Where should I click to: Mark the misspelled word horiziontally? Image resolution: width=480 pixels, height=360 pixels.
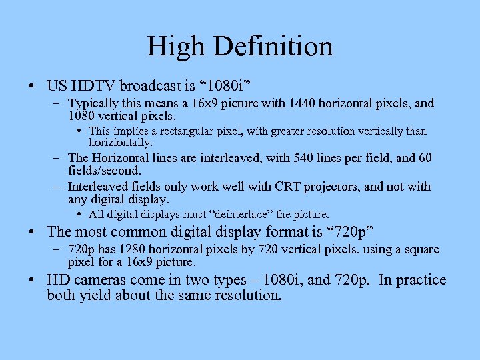[x=121, y=142]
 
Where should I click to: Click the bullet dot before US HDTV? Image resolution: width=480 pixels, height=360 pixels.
[x=32, y=87]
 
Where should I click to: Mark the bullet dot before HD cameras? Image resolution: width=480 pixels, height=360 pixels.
[x=32, y=280]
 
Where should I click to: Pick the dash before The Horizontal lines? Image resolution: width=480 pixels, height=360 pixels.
[x=58, y=158]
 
